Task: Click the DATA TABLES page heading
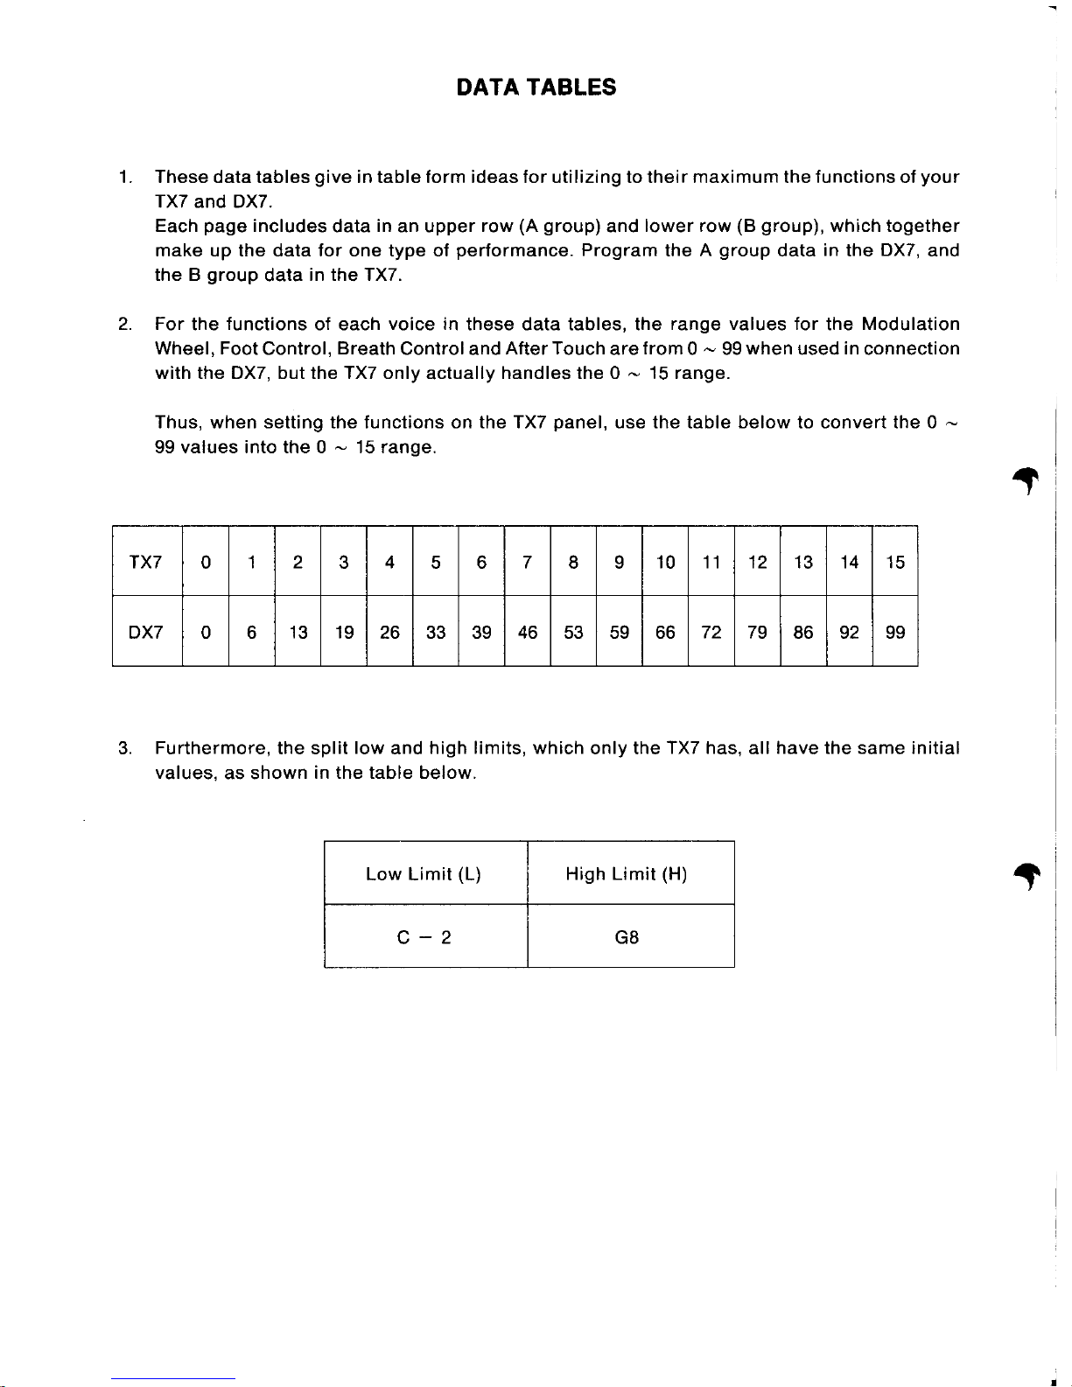[x=536, y=88]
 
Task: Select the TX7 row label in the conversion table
[x=145, y=562]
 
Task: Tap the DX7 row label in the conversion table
[x=145, y=633]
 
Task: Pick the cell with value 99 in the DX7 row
[x=894, y=633]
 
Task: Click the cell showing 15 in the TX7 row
[x=894, y=562]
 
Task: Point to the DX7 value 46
[x=527, y=633]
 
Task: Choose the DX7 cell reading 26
[x=389, y=633]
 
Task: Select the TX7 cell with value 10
[x=665, y=562]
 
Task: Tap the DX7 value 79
[x=757, y=633]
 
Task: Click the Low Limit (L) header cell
[x=424, y=874]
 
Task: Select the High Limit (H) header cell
[x=627, y=874]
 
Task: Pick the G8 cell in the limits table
[x=627, y=938]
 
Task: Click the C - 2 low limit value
[x=424, y=938]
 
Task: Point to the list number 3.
[x=124, y=749]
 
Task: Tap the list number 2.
[x=124, y=325]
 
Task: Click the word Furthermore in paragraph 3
[x=211, y=749]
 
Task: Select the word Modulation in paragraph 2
[x=910, y=325]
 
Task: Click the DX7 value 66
[x=665, y=633]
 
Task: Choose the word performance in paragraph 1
[x=514, y=251]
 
